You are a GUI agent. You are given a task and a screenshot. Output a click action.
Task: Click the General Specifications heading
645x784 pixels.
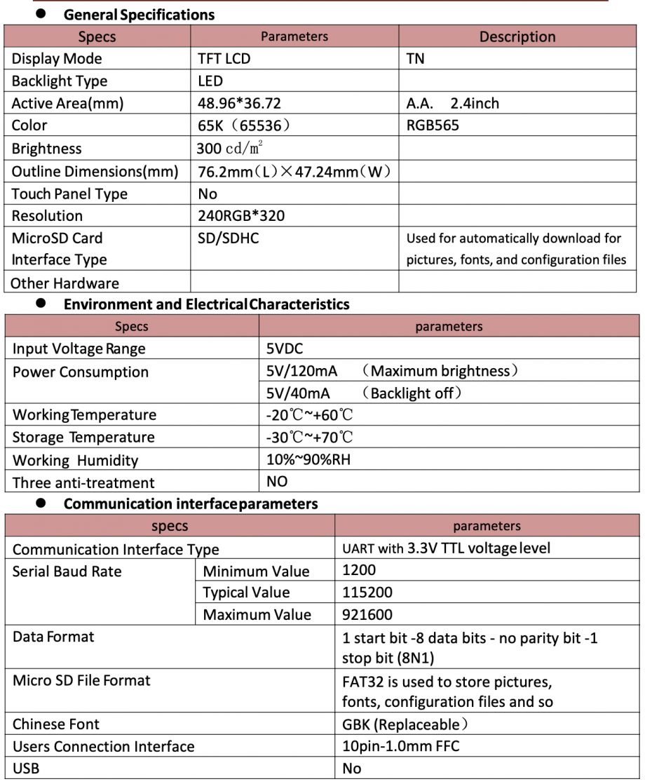pyautogui.click(x=139, y=14)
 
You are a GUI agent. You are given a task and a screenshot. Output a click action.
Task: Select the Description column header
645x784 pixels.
pyautogui.click(x=517, y=37)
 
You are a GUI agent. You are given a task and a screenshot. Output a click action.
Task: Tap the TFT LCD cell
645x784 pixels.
pyautogui.click(x=224, y=59)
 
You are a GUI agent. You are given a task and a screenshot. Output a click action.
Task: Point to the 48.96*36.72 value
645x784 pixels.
pyautogui.click(x=240, y=104)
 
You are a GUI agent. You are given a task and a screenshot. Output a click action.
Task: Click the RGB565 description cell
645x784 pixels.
pyautogui.click(x=433, y=126)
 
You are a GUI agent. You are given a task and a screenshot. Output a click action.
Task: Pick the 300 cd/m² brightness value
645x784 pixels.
pyautogui.click(x=231, y=149)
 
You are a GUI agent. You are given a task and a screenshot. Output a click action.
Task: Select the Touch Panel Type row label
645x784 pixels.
pyautogui.click(x=70, y=194)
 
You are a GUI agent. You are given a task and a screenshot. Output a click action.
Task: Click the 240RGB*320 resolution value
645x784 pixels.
pyautogui.click(x=242, y=216)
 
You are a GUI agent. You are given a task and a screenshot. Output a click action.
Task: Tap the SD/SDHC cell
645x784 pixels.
pyautogui.click(x=229, y=238)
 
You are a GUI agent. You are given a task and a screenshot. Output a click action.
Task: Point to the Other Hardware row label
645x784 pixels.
pyautogui.click(x=65, y=283)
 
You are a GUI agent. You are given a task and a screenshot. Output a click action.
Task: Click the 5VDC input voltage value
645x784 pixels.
pyautogui.click(x=285, y=349)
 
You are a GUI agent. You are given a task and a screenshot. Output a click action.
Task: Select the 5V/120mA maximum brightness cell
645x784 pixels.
pyautogui.click(x=392, y=371)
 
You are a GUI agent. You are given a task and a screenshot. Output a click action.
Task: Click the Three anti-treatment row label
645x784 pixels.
pyautogui.click(x=83, y=482)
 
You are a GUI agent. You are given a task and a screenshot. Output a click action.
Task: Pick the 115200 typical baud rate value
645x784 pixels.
pyautogui.click(x=367, y=593)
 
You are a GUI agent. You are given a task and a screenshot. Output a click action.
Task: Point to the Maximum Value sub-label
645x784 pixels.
pyautogui.click(x=257, y=615)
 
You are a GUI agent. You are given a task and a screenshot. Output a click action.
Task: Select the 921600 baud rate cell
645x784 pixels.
pyautogui.click(x=367, y=615)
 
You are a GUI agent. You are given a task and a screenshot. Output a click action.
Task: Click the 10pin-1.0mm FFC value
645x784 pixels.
pyautogui.click(x=401, y=746)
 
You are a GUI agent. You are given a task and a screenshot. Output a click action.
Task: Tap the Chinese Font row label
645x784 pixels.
pyautogui.click(x=56, y=724)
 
